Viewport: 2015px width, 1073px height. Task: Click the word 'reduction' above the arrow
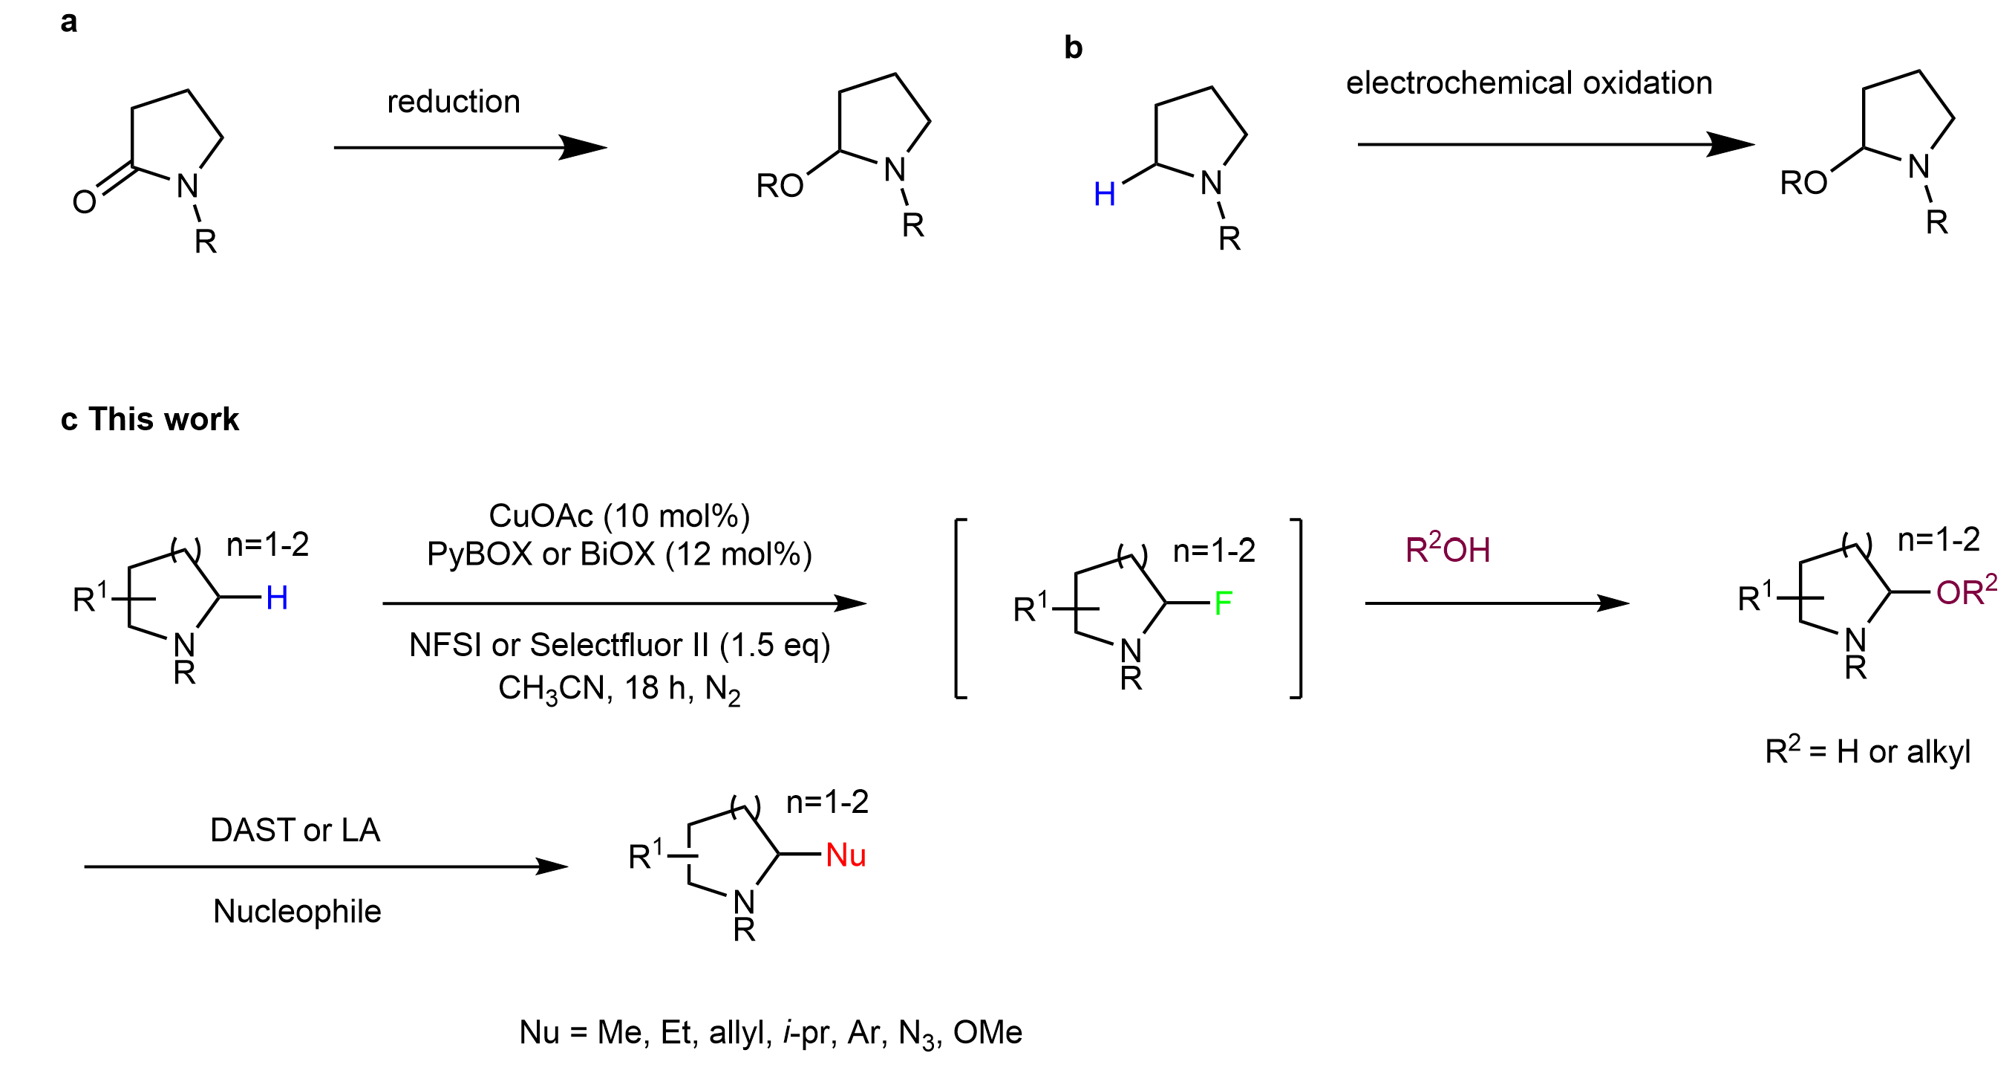coord(454,102)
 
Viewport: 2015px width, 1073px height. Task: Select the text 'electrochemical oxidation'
coord(1529,83)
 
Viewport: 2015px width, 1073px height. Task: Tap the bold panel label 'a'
coord(69,22)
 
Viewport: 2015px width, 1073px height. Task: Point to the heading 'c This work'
coord(149,420)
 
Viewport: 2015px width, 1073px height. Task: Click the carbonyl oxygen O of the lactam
coord(85,202)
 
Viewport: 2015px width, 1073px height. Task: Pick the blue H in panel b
coord(1105,194)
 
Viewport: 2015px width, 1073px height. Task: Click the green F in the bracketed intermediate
coord(1224,603)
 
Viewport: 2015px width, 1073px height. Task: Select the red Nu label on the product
coord(846,855)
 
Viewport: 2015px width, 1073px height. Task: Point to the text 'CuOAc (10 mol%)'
coord(619,516)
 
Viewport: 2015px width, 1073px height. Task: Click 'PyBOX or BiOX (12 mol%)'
coord(619,554)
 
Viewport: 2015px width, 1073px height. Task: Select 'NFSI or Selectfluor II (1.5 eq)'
coord(619,645)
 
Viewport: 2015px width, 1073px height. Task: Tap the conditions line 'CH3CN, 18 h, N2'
coord(619,690)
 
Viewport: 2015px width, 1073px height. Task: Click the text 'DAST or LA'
coord(295,829)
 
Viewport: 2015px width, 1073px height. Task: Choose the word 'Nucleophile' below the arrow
coord(297,911)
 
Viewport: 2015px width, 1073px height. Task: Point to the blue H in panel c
coord(277,598)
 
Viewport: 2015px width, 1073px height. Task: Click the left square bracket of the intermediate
coord(961,608)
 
